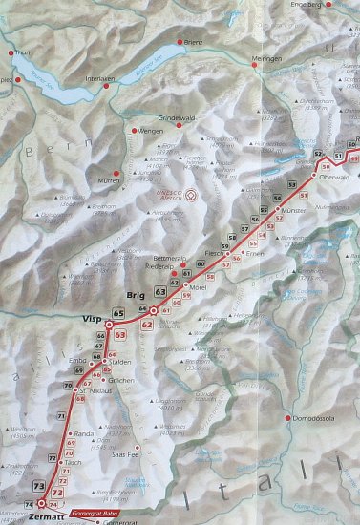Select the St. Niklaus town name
click(x=97, y=391)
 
